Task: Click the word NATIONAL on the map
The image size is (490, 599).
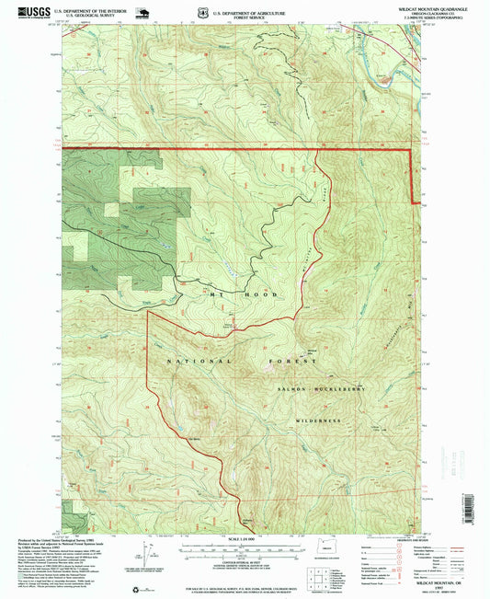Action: pos(193,362)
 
